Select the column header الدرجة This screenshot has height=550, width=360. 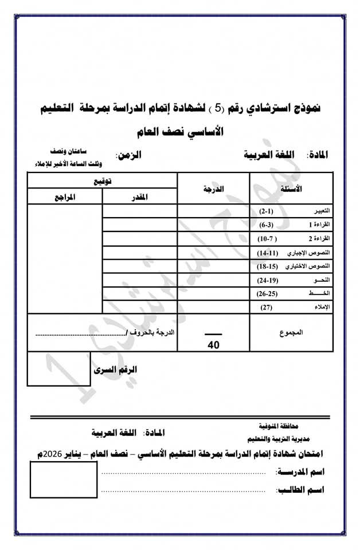(x=213, y=188)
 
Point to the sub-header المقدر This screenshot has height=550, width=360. (x=140, y=197)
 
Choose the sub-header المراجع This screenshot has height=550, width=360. (x=65, y=197)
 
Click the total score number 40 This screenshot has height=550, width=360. (x=213, y=345)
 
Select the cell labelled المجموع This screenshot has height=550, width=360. (x=292, y=333)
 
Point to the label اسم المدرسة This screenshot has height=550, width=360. (x=300, y=472)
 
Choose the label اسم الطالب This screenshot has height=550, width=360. (x=300, y=490)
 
